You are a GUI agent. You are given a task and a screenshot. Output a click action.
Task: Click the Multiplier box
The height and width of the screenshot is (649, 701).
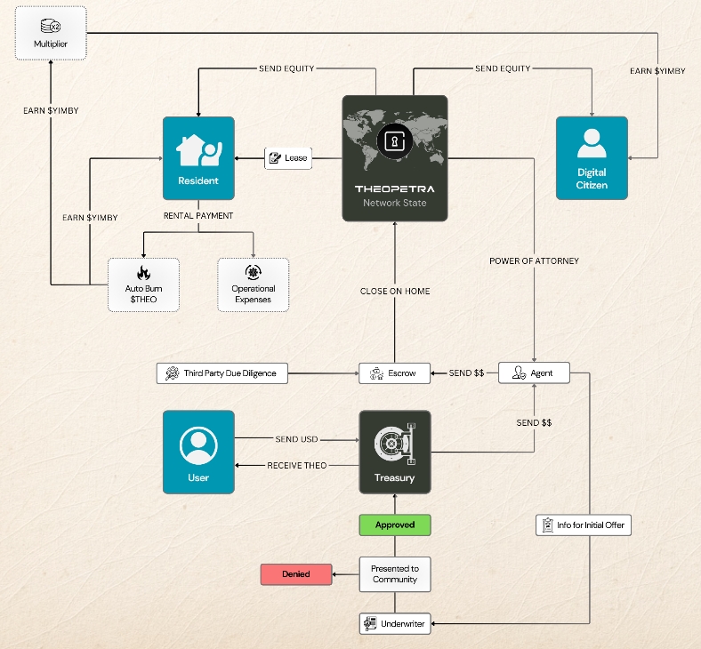click(x=51, y=33)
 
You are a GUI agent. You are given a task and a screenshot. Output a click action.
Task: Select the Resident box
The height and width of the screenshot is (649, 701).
click(x=198, y=157)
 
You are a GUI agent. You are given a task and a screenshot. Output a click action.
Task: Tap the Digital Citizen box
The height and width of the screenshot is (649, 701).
click(x=592, y=157)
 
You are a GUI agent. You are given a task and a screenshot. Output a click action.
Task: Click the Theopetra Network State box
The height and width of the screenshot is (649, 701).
click(x=394, y=157)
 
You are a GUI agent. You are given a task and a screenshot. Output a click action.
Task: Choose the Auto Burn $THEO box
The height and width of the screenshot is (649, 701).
click(x=143, y=284)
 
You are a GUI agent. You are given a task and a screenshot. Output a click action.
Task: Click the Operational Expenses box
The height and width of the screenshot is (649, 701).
click(x=254, y=284)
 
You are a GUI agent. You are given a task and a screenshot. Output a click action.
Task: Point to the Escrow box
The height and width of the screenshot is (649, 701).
click(x=394, y=373)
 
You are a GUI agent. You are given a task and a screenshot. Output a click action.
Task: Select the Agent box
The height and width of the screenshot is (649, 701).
click(x=534, y=373)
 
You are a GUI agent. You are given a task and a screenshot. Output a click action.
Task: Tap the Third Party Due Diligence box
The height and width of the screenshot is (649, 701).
click(x=222, y=373)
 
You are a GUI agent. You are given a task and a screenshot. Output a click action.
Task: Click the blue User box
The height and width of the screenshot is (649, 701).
click(x=198, y=452)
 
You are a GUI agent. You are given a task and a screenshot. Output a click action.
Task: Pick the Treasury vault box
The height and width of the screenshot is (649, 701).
click(x=394, y=452)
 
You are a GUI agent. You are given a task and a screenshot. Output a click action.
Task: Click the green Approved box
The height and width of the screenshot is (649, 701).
click(x=394, y=525)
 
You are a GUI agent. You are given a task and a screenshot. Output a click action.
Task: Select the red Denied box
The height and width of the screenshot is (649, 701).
click(x=296, y=574)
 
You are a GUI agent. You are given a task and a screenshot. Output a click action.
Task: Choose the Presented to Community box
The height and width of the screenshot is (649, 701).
click(x=394, y=574)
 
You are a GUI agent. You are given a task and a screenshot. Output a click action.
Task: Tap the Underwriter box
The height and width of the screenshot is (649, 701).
click(x=394, y=624)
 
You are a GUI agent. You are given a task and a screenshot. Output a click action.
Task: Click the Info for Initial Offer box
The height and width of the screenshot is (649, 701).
click(x=584, y=525)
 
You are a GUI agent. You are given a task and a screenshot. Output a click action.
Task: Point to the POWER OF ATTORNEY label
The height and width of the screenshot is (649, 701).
click(x=534, y=261)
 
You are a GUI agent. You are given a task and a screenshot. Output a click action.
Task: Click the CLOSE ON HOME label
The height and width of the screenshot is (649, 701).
click(x=395, y=292)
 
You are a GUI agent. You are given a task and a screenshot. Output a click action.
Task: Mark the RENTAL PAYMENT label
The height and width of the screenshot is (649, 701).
click(x=198, y=215)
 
